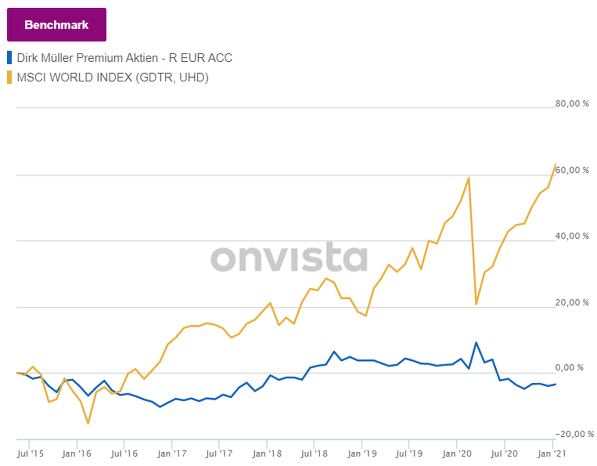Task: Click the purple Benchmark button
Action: pos(56,25)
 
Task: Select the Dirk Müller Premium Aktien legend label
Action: pos(124,58)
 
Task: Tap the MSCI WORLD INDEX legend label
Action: pos(113,78)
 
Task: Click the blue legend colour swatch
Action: pos(9,58)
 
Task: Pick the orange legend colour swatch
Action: pos(9,78)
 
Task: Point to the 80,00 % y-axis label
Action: pos(572,104)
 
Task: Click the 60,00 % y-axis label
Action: pos(572,170)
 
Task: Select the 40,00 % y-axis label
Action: pos(572,236)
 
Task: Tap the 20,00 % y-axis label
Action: pos(572,302)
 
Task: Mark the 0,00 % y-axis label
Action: pos(569,368)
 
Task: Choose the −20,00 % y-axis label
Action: pos(574,434)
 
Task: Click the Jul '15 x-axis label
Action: pos(30,453)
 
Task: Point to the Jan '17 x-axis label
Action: pos(172,453)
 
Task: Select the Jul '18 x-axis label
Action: pos(314,453)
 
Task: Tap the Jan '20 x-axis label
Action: pos(457,453)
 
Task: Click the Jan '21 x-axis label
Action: pos(552,453)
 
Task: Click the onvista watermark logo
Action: pos(289,258)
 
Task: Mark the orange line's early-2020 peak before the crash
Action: pos(469,178)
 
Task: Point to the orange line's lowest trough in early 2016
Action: pos(88,423)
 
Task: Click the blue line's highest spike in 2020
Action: pos(476,343)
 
